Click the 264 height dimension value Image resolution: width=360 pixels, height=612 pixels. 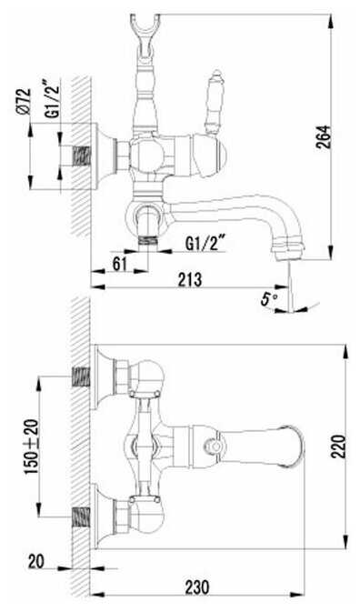pyautogui.click(x=325, y=136)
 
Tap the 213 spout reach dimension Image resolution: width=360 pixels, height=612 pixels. pyautogui.click(x=190, y=279)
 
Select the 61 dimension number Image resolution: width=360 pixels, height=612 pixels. pyautogui.click(x=120, y=264)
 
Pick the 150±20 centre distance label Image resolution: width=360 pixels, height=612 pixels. pyautogui.click(x=33, y=446)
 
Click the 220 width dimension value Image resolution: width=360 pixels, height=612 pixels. pyautogui.click(x=338, y=446)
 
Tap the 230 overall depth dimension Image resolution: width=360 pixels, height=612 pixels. pyautogui.click(x=197, y=587)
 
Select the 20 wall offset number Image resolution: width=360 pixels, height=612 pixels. pyautogui.click(x=36, y=562)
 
